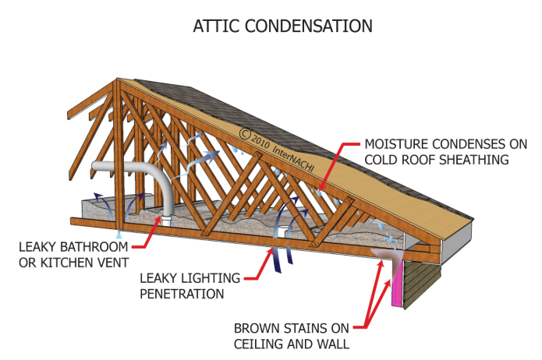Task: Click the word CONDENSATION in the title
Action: [x=310, y=26]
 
